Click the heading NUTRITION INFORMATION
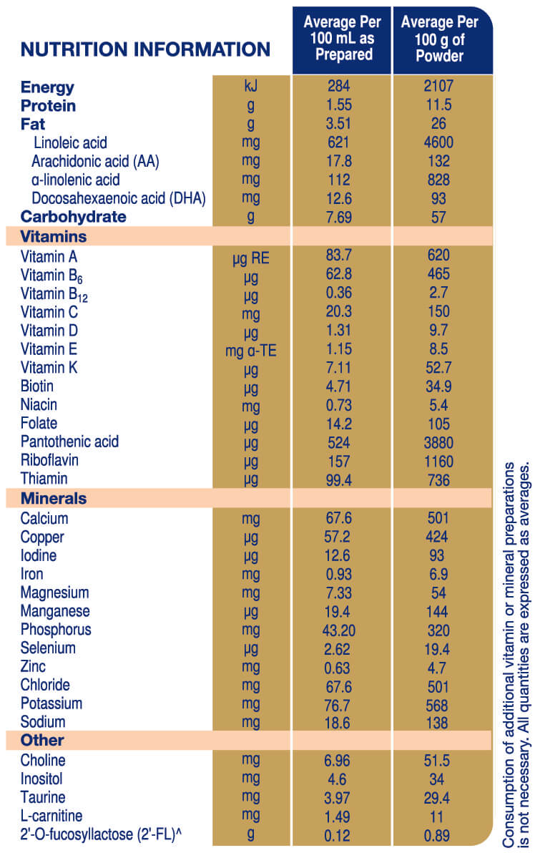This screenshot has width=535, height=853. [145, 49]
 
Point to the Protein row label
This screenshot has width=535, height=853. [48, 106]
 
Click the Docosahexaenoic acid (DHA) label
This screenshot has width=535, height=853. [118, 199]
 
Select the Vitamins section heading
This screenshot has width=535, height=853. [54, 236]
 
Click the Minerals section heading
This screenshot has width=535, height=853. [54, 499]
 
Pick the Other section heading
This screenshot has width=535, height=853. [42, 741]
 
